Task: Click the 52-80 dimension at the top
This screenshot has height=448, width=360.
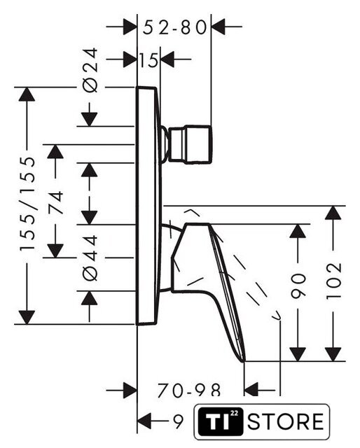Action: point(174,28)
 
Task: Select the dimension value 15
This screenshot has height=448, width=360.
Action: point(148,60)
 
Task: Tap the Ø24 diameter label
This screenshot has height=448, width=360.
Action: point(90,70)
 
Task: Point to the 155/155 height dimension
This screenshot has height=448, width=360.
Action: point(28,204)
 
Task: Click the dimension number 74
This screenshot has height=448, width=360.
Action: point(56,203)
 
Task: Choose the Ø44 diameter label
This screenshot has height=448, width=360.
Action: point(90,258)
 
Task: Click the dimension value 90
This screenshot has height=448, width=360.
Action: point(298,286)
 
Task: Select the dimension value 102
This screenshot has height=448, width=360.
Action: point(334,281)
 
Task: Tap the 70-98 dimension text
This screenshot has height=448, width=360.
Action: point(189,390)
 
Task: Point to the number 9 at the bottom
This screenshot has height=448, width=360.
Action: point(179,421)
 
